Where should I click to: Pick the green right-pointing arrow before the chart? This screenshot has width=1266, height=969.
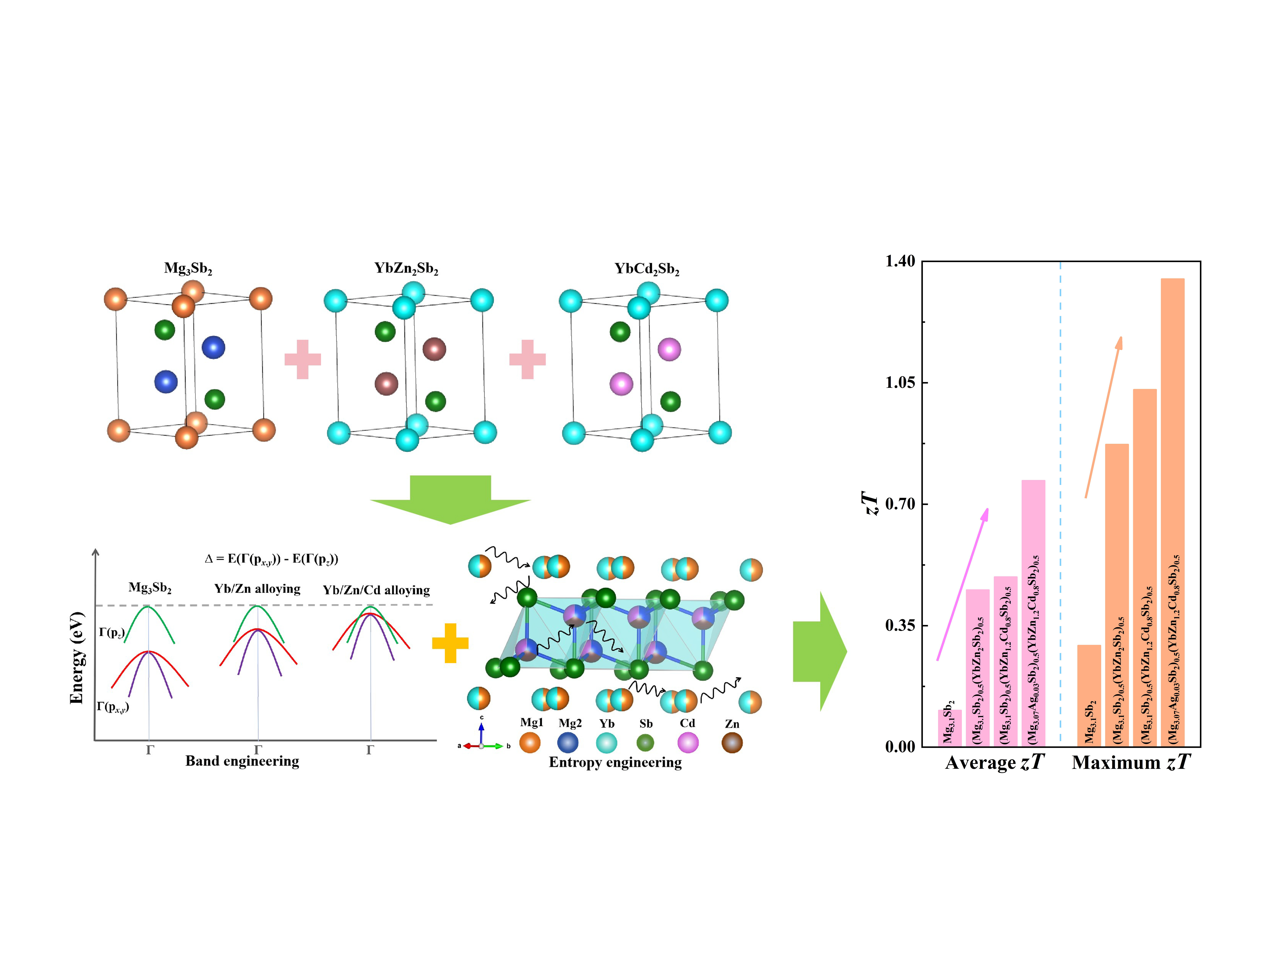819,652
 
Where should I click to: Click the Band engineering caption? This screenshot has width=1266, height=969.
242,761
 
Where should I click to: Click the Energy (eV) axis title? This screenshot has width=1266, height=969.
77,658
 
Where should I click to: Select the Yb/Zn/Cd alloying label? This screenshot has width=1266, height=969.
376,590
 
